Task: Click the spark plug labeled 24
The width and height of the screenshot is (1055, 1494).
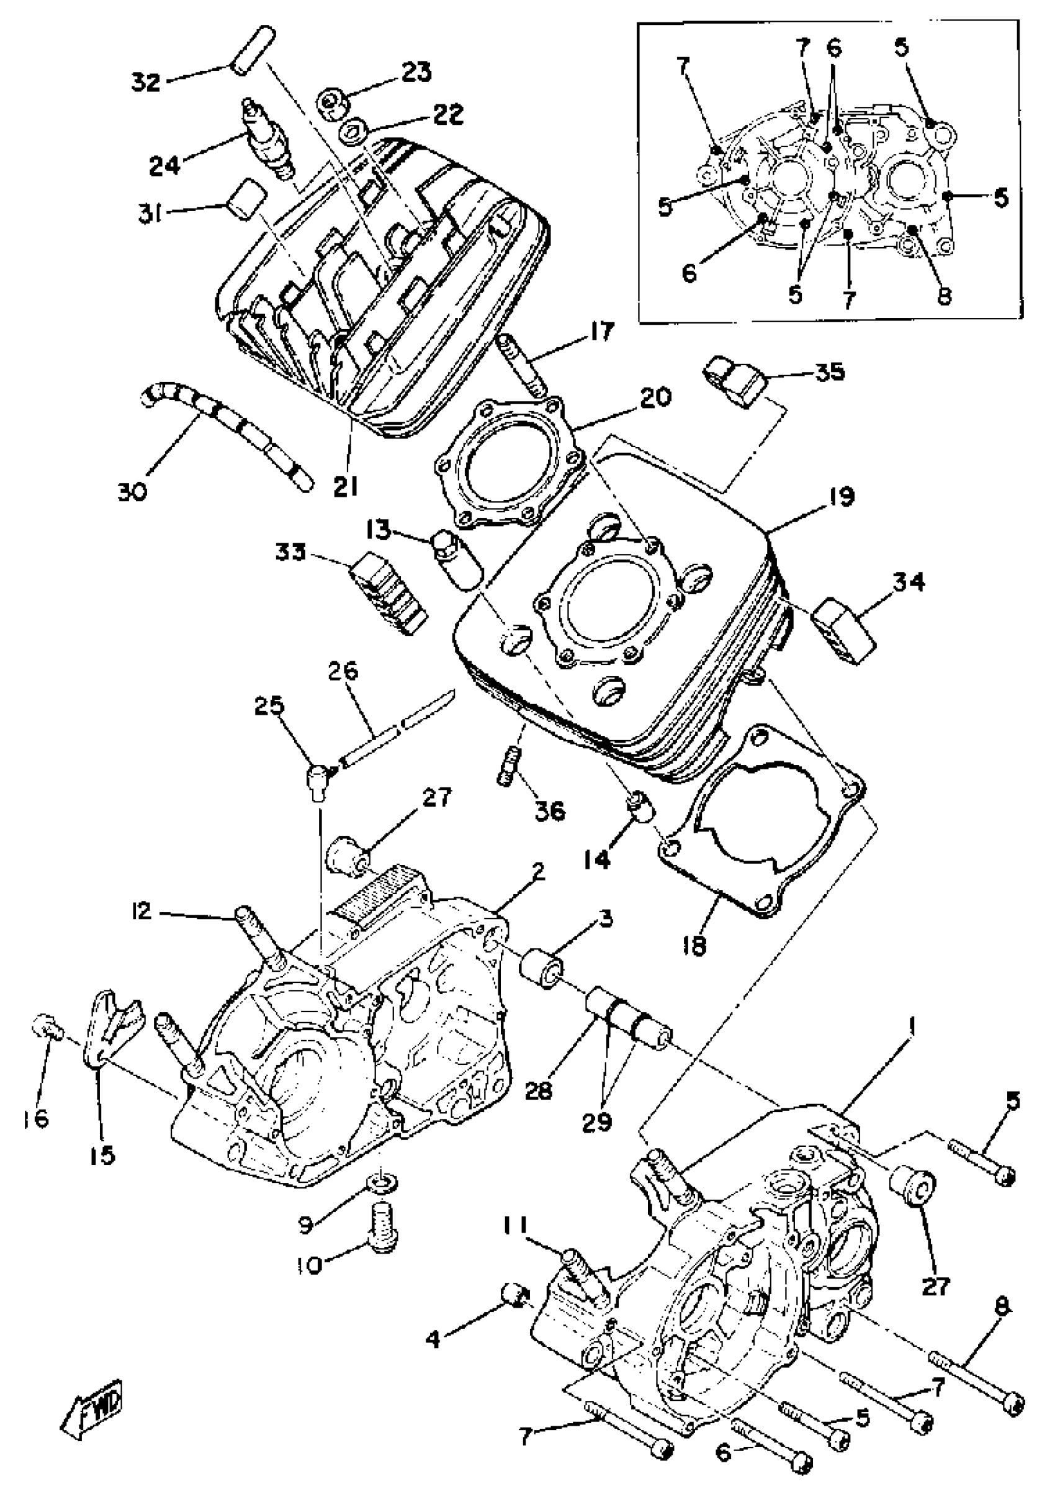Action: click(267, 138)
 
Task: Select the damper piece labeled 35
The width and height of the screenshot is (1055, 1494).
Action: click(737, 380)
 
